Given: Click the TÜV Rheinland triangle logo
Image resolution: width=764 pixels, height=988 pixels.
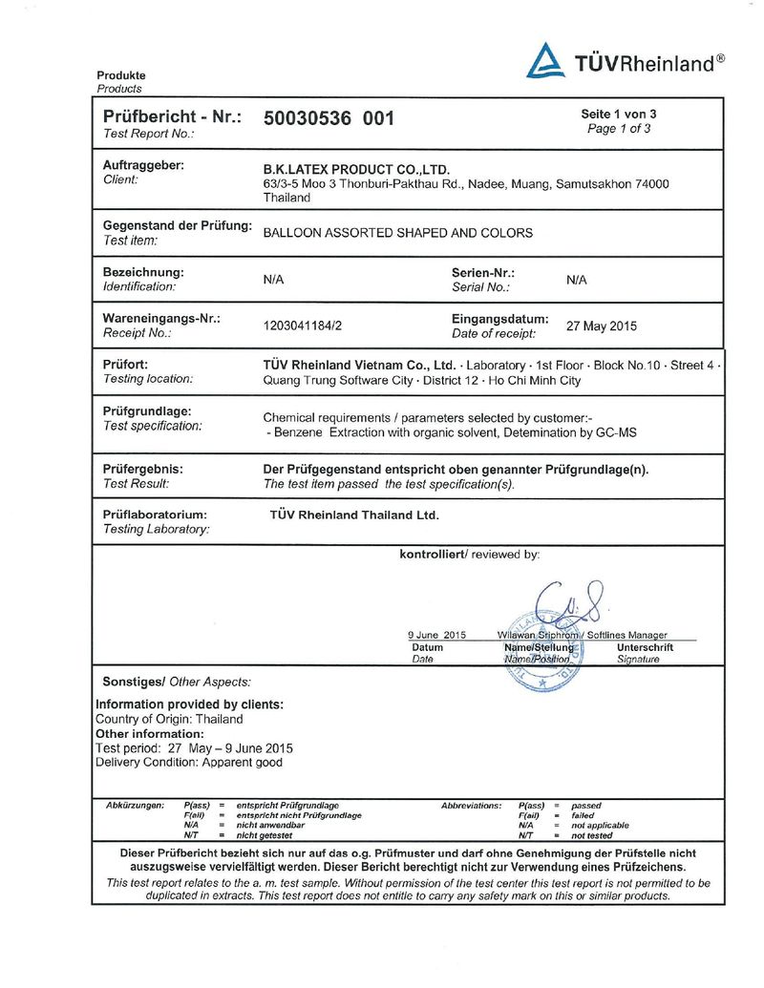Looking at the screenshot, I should tap(545, 61).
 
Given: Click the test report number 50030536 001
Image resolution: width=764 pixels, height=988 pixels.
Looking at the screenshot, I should tap(328, 118).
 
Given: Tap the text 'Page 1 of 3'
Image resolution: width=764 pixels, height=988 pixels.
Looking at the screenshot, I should tap(619, 129).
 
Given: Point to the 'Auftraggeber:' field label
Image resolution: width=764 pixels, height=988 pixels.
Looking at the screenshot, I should tap(143, 165).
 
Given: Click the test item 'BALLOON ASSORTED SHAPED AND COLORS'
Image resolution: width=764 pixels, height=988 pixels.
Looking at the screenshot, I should tap(397, 233).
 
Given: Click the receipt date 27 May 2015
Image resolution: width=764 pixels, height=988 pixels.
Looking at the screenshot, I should tap(601, 326).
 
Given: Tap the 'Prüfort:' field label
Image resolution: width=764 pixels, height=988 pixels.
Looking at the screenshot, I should tap(125, 365).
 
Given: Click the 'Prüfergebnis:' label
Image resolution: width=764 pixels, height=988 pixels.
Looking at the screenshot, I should tap(142, 470).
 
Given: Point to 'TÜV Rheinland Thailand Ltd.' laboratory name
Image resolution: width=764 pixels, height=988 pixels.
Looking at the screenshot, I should tap(354, 515).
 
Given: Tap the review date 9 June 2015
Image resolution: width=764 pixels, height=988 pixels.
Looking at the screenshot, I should tap(435, 635).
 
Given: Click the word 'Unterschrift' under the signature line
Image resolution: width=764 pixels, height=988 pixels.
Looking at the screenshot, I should tap(645, 647).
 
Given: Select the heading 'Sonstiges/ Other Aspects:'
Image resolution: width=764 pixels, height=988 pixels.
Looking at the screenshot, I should tap(176, 682).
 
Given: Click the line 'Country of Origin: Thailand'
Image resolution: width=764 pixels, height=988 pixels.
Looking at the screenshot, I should tap(169, 719).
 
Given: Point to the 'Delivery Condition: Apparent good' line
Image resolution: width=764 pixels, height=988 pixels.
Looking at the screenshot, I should tap(189, 763).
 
